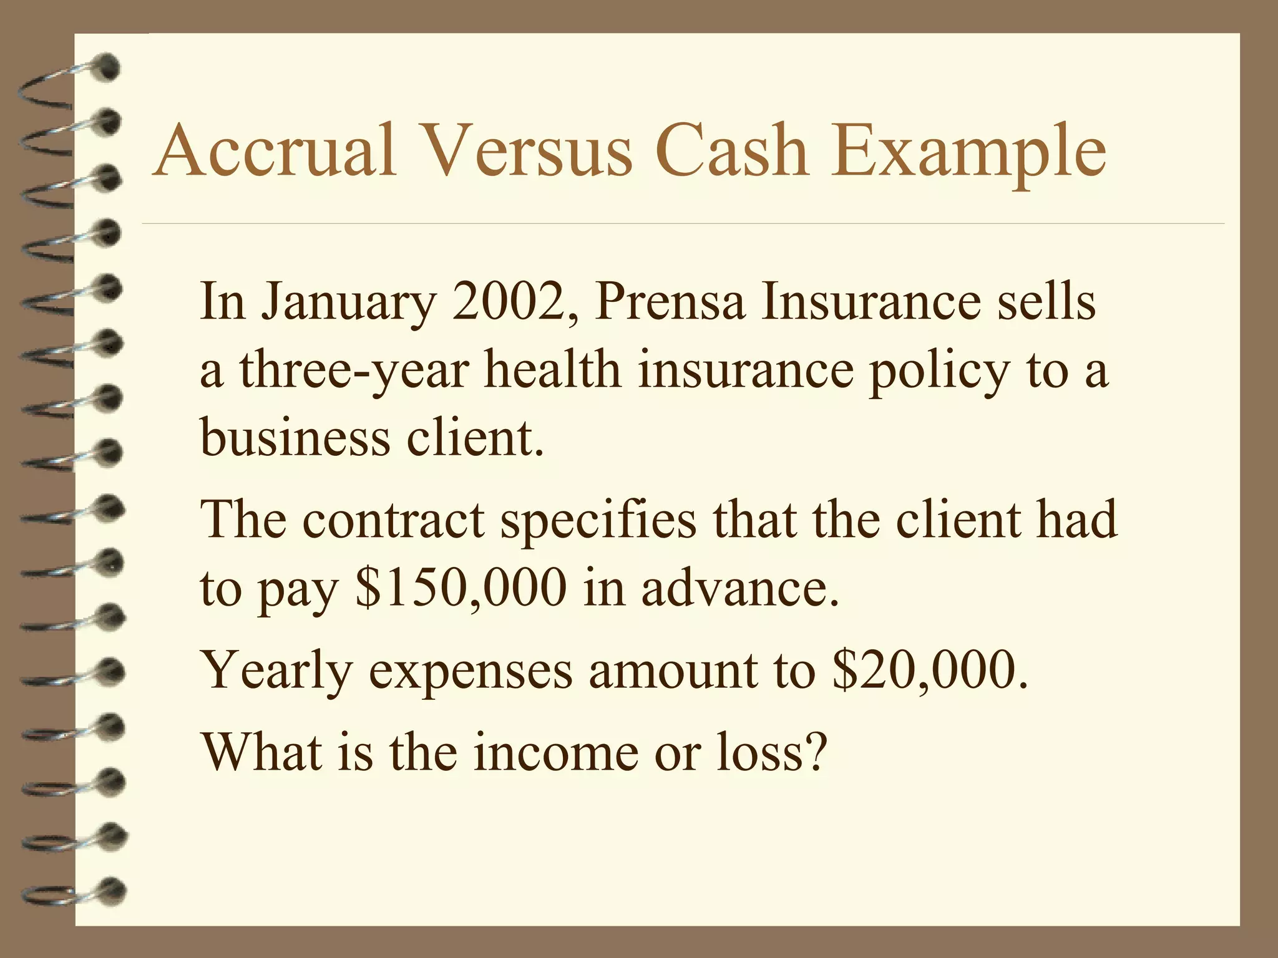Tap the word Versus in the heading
527,152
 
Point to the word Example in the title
968,152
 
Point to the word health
552,369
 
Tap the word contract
394,520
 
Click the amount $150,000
461,588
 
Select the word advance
739,588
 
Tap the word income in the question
556,752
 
